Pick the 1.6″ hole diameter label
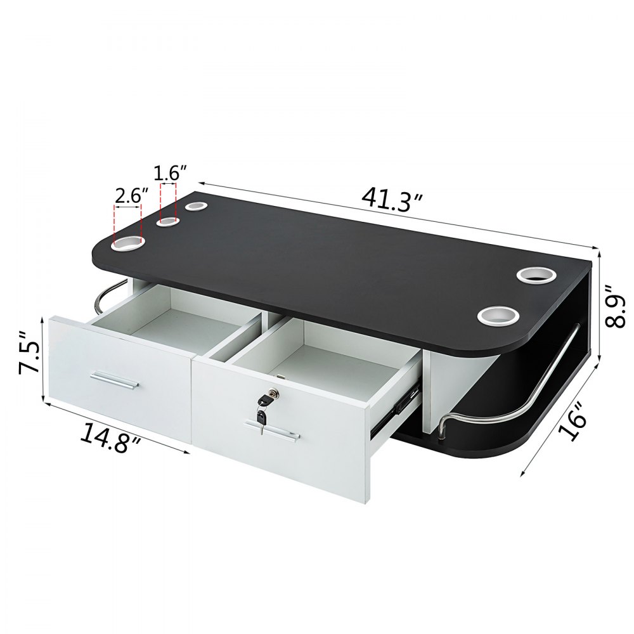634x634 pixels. [170, 173]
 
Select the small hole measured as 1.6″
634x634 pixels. [168, 220]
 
